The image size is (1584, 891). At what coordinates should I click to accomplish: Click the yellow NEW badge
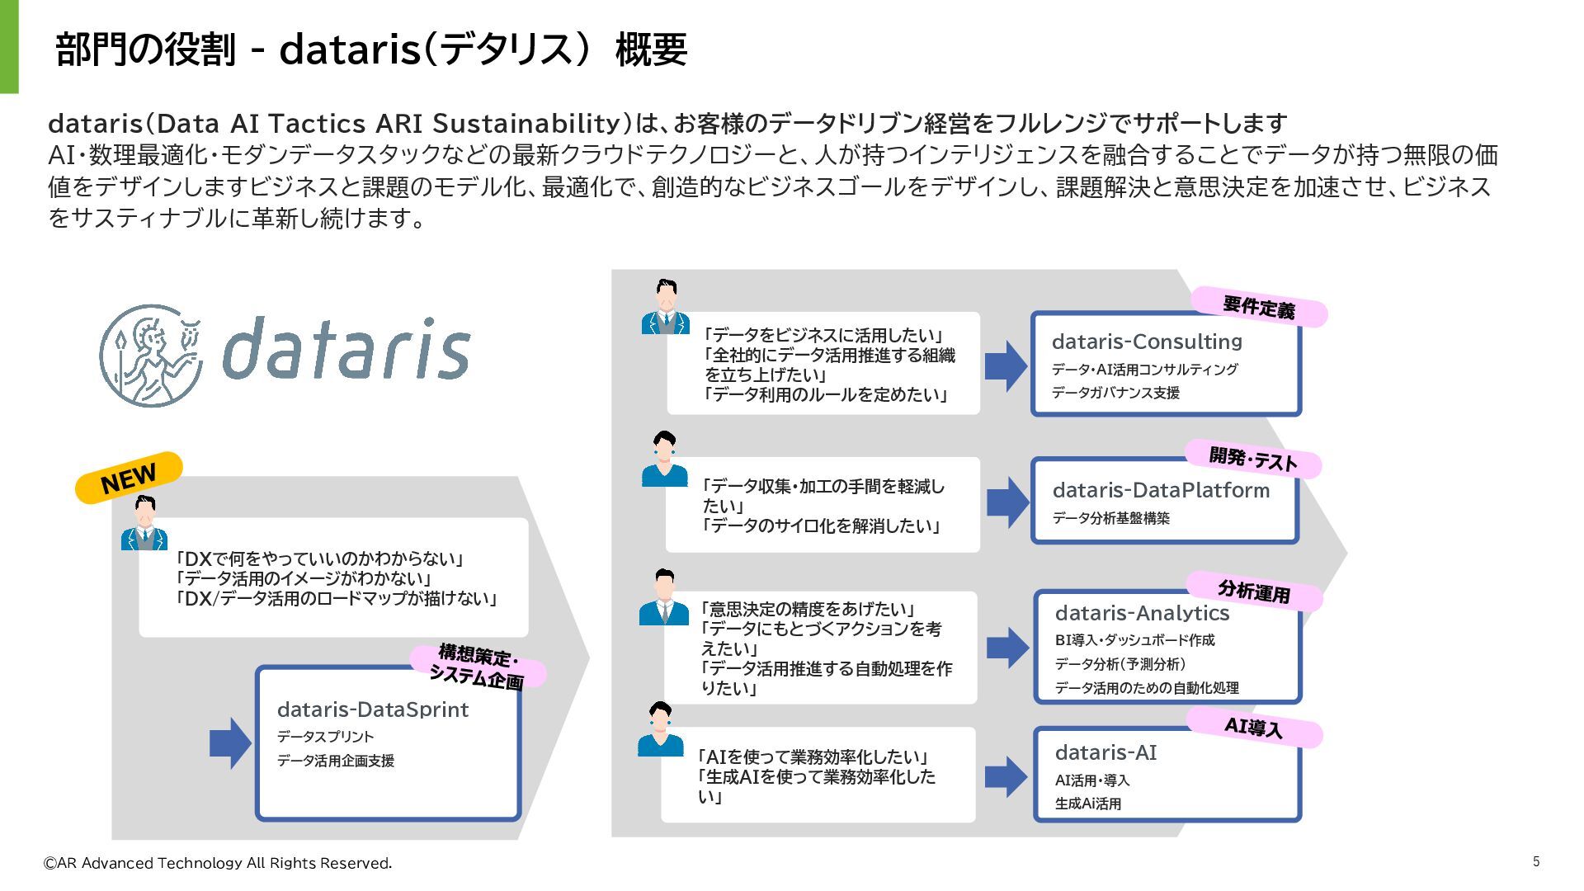128,477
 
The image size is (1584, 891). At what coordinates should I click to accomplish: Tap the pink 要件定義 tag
1259,307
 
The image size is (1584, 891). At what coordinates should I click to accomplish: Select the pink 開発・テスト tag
1252,459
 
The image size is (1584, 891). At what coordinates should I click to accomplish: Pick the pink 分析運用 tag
1254,591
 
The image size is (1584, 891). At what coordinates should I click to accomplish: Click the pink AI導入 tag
1254,728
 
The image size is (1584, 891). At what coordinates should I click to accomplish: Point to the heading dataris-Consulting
1147,342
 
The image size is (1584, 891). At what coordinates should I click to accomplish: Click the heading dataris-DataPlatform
1161,490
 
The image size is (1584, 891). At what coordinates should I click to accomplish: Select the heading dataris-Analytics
1142,613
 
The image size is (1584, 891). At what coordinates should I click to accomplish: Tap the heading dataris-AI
1105,752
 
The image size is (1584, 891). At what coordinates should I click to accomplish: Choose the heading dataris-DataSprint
373,709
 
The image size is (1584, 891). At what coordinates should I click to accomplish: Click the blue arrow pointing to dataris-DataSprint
230,742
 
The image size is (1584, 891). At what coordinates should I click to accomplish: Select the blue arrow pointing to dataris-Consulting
1006,365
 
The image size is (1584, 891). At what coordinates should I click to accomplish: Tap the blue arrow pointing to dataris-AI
1006,776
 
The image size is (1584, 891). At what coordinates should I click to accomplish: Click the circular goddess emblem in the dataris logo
151,356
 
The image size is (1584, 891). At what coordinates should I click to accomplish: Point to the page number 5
1536,861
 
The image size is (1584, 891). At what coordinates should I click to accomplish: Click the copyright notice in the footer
218,863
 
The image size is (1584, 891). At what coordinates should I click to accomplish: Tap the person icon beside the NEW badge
144,523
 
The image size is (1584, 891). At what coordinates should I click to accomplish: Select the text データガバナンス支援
1115,393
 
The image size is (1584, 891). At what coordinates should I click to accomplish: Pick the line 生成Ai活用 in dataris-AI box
1087,804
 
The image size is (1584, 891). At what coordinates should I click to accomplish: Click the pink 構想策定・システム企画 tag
478,667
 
